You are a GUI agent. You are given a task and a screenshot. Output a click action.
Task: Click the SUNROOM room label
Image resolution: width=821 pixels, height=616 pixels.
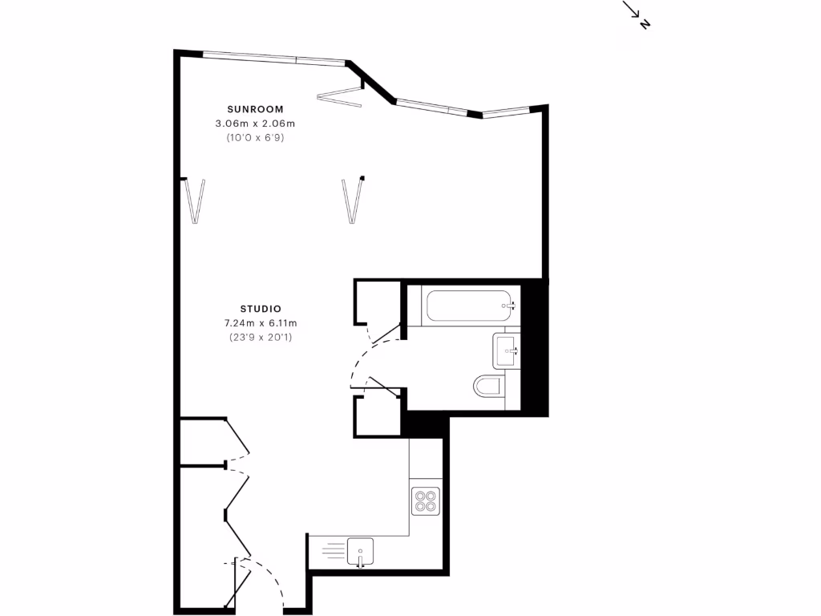pyautogui.click(x=255, y=108)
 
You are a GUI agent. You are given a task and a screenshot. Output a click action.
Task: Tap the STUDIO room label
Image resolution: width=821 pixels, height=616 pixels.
pyautogui.click(x=260, y=309)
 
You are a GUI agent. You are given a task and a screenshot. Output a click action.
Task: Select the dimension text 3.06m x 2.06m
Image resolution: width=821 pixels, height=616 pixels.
pyautogui.click(x=255, y=124)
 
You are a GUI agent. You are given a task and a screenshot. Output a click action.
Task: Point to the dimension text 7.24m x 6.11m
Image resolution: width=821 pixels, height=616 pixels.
pyautogui.click(x=260, y=323)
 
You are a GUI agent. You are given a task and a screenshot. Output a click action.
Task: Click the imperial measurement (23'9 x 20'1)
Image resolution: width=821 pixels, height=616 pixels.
pyautogui.click(x=260, y=338)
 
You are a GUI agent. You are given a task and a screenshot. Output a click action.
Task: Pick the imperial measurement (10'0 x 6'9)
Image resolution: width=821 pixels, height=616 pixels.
pyautogui.click(x=255, y=138)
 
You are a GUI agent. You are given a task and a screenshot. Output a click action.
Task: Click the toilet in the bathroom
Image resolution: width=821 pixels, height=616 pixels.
pyautogui.click(x=488, y=387)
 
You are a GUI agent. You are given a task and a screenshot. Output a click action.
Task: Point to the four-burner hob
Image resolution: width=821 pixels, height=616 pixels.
pyautogui.click(x=425, y=500)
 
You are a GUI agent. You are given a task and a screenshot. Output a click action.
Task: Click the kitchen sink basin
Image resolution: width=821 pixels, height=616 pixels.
pyautogui.click(x=361, y=551)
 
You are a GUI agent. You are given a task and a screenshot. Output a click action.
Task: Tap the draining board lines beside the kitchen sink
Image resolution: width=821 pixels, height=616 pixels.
pyautogui.click(x=333, y=550)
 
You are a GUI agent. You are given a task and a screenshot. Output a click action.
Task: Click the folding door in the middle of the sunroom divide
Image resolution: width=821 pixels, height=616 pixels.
pyautogui.click(x=351, y=200)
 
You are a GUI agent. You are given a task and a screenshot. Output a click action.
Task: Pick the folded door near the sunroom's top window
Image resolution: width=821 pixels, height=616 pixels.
pyautogui.click(x=339, y=96)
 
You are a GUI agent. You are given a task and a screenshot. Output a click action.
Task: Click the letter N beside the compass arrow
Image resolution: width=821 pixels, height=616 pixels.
pyautogui.click(x=645, y=24)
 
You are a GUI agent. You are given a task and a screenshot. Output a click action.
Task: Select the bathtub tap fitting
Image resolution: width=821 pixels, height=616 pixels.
pyautogui.click(x=508, y=305)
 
